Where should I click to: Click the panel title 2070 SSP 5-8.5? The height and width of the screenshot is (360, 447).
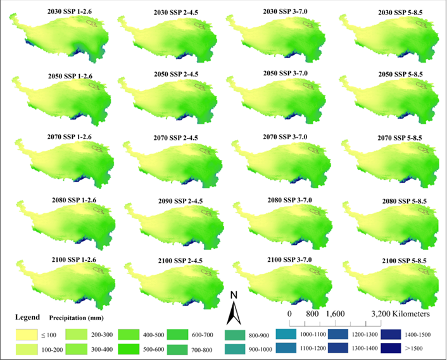(392, 137)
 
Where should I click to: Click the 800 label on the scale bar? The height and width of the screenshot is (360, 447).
(312, 313)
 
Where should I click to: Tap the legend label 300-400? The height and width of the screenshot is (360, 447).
(101, 347)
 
